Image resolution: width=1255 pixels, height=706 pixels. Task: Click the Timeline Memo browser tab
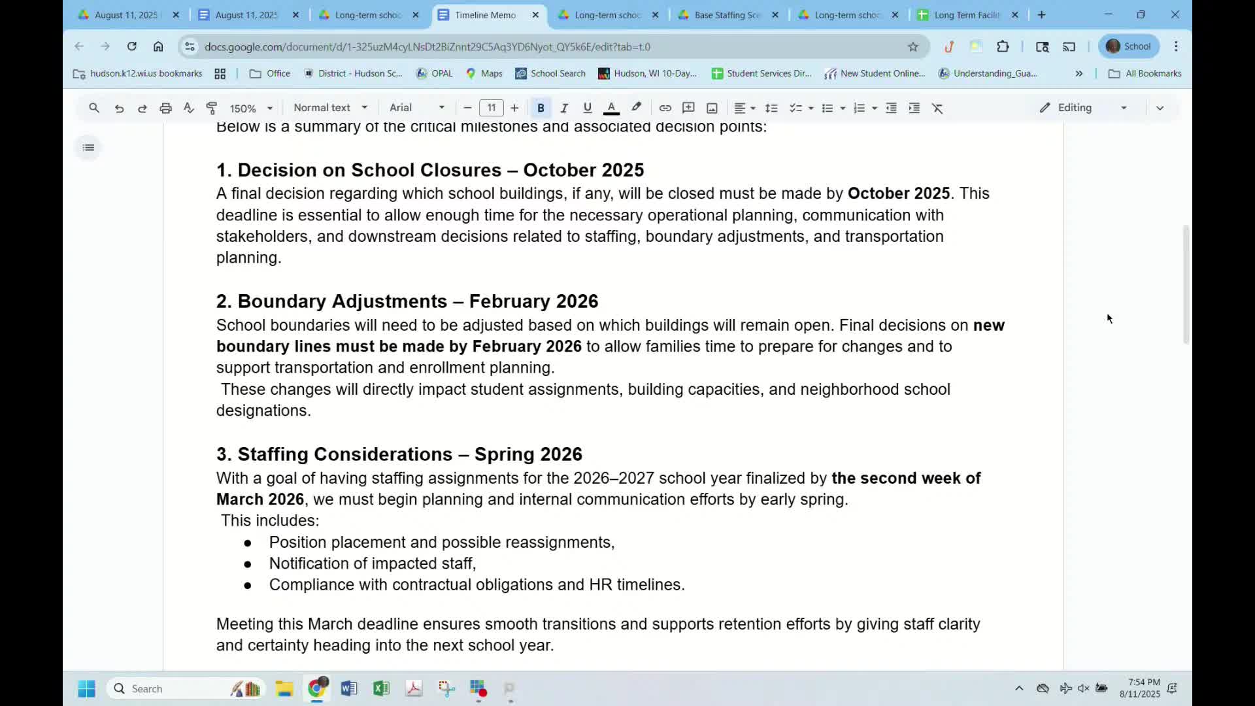(x=485, y=15)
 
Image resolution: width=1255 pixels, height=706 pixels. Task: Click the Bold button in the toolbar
(x=541, y=109)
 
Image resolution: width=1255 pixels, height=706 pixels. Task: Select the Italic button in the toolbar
(x=564, y=109)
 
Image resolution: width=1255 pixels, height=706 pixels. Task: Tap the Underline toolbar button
(x=587, y=109)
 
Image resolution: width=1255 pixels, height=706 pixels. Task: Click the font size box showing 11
(x=491, y=109)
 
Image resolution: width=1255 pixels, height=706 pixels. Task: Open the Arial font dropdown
(x=417, y=108)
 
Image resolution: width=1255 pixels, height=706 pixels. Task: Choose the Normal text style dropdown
(x=330, y=108)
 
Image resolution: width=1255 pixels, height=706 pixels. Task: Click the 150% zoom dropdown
(x=250, y=109)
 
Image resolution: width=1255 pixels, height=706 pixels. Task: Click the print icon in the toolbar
(x=165, y=109)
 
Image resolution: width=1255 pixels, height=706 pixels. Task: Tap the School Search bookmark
(x=550, y=74)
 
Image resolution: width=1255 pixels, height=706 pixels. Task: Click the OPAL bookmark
(x=435, y=74)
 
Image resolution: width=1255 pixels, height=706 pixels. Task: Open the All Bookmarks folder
(x=1145, y=74)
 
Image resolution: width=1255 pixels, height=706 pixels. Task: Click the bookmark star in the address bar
(x=913, y=47)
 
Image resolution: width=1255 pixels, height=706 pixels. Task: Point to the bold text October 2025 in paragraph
(x=898, y=194)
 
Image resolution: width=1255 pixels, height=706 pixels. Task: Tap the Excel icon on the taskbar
(x=381, y=688)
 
